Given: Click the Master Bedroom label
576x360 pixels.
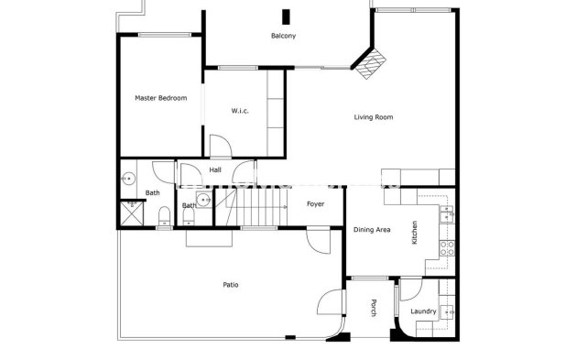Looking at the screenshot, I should coord(160,98).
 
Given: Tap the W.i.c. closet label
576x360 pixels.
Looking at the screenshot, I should coord(240,111).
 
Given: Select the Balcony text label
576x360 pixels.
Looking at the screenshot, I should coord(283,37).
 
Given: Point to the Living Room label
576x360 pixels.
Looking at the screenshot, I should coord(374,117).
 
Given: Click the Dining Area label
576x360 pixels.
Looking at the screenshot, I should coord(372,230).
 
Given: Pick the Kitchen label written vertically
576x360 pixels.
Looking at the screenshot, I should coord(415,232).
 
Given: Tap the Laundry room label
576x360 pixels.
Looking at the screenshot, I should coord(423,312).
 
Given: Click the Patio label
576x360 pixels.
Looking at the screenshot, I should coord(231,285).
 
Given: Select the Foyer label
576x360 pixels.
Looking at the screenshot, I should coord(315,204).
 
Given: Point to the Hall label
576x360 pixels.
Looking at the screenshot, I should coord(215,170).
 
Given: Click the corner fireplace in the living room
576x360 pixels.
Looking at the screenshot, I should coord(371,63).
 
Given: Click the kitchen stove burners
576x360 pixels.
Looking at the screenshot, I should coord(447,245).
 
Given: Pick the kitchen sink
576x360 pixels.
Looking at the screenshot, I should coord(446,214).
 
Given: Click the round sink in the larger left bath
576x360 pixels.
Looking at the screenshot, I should coord(130,179).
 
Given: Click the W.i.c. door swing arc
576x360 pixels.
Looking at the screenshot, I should coord(221,145).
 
